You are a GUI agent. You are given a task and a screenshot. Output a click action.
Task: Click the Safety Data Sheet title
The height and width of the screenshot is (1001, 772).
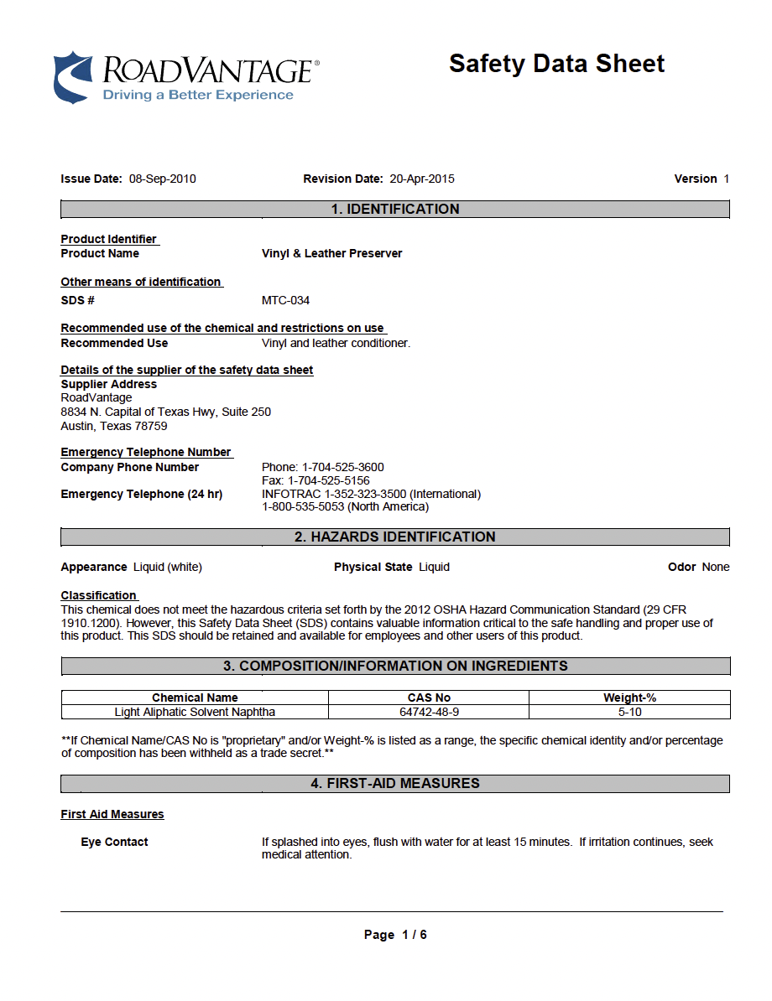556,64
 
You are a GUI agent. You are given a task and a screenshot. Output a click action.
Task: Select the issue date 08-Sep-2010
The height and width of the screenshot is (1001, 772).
163,179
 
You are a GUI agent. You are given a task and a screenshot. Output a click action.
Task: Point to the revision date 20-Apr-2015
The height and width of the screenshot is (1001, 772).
422,179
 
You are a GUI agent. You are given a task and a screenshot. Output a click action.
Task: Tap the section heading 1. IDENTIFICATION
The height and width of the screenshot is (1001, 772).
395,210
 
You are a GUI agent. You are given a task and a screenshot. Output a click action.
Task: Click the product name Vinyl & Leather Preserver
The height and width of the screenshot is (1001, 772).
331,253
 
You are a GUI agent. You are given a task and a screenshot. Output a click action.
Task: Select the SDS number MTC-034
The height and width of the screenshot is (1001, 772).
285,300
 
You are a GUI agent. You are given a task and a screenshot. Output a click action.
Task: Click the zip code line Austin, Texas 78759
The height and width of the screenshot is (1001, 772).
114,426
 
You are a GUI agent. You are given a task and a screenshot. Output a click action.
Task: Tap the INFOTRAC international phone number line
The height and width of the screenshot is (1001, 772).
371,494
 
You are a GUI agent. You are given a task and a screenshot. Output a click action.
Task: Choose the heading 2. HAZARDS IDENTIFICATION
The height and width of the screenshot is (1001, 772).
395,537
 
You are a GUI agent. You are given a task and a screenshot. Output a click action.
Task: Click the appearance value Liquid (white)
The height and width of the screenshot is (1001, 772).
168,567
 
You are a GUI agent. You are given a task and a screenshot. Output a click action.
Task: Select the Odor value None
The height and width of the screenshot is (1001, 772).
716,567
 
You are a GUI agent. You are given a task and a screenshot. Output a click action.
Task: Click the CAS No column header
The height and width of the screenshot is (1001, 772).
429,698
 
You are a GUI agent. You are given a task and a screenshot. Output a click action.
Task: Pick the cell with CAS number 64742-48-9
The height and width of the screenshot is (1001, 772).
429,712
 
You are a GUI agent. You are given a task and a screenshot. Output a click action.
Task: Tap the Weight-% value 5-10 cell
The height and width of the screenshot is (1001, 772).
629,712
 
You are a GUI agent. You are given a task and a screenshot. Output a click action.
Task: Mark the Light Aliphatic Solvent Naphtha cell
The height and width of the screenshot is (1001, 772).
195,712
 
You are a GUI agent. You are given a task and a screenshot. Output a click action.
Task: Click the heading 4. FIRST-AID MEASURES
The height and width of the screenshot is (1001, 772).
395,783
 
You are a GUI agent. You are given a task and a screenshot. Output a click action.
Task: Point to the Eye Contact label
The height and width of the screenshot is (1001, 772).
114,842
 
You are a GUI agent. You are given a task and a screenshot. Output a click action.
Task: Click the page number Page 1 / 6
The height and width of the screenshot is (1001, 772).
395,935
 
